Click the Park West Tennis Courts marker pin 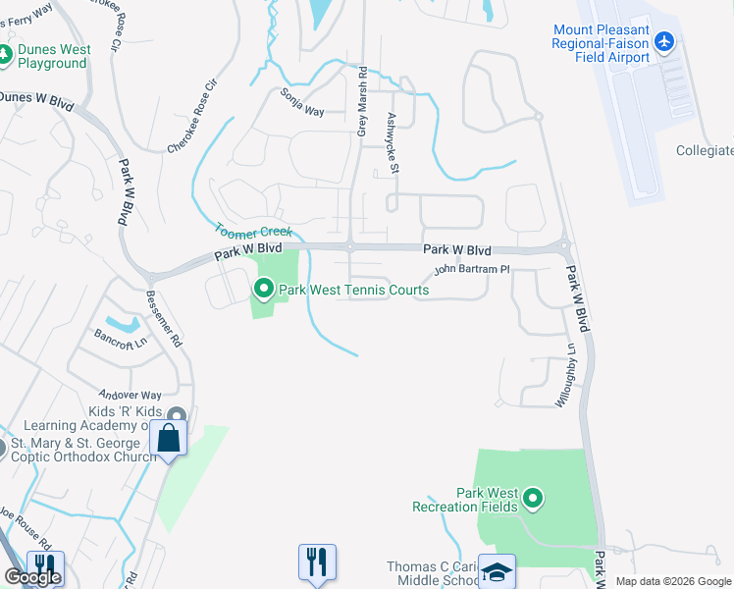pyautogui.click(x=263, y=289)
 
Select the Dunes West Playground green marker pyautogui.click(x=4, y=56)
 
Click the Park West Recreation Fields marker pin pyautogui.click(x=533, y=500)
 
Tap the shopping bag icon pyautogui.click(x=169, y=438)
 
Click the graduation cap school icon pyautogui.click(x=498, y=572)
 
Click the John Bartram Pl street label pyautogui.click(x=473, y=269)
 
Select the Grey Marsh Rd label pyautogui.click(x=362, y=101)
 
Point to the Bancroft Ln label pyautogui.click(x=118, y=339)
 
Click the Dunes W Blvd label pyautogui.click(x=36, y=99)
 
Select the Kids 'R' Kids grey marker pyautogui.click(x=177, y=416)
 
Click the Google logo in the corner pyautogui.click(x=31, y=577)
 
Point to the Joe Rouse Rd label pyautogui.click(x=26, y=527)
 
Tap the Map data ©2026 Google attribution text pyautogui.click(x=673, y=581)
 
